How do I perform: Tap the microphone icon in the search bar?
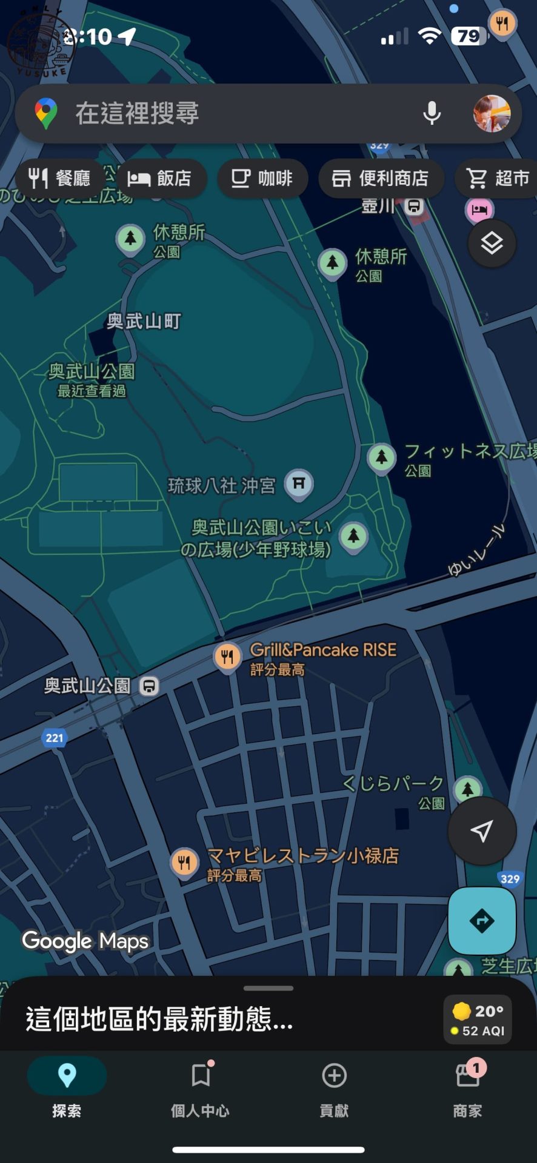tap(432, 113)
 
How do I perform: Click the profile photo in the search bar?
tap(491, 113)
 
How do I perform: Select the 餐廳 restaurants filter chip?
tap(59, 178)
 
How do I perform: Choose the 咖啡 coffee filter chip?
tap(262, 178)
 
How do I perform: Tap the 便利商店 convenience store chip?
tap(380, 178)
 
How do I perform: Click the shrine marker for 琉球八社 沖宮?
tap(299, 484)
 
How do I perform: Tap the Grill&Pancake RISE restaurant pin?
tap(227, 657)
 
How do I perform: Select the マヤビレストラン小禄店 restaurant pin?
tap(184, 863)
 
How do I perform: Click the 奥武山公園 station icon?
tap(149, 686)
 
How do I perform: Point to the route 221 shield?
tap(55, 738)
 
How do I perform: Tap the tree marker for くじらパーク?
tap(467, 789)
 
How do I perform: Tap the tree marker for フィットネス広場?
tap(381, 457)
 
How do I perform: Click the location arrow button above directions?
tap(482, 831)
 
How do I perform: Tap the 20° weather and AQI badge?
tap(478, 1019)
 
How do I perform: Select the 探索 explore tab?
tap(67, 1087)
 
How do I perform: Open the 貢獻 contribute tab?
tap(334, 1087)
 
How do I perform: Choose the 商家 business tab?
tap(467, 1087)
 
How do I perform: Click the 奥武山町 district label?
tap(144, 321)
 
